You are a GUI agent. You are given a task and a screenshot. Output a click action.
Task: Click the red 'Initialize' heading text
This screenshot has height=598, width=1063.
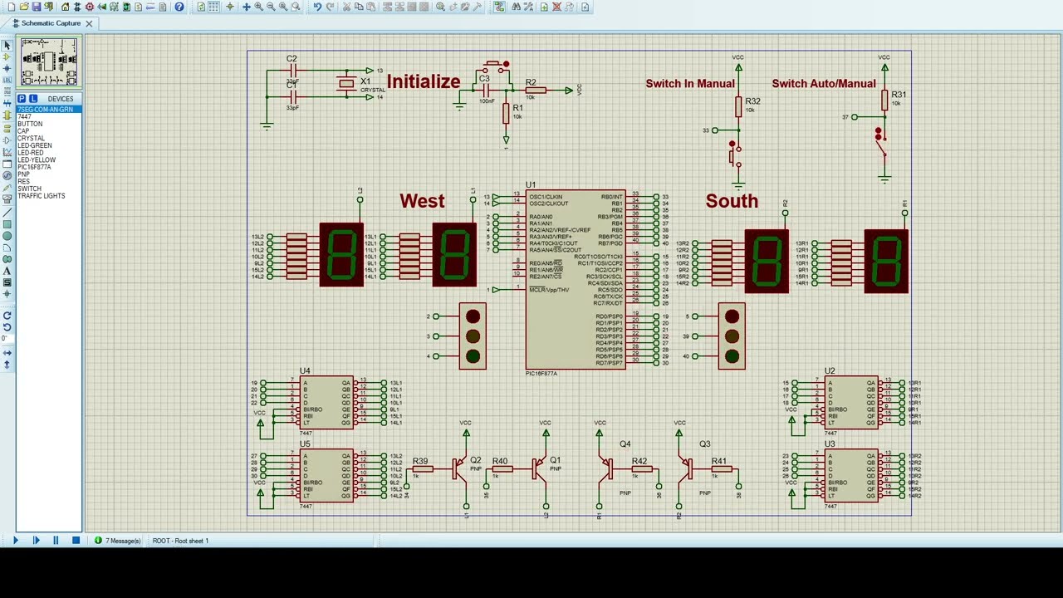point(423,81)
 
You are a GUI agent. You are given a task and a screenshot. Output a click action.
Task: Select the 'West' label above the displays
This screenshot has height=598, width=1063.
point(422,201)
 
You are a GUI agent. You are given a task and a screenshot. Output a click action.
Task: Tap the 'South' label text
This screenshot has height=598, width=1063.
point(732,201)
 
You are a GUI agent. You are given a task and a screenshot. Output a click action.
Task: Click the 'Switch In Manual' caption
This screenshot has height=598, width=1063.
point(690,84)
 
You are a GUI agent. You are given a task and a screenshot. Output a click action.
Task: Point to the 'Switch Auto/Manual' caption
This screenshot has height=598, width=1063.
point(823,84)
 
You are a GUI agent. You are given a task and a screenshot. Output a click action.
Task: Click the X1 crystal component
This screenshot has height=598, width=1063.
point(346,83)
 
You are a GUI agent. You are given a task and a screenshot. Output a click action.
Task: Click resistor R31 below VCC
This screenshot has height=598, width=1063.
point(884,100)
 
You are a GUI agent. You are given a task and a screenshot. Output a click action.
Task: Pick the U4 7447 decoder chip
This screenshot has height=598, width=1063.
point(326,403)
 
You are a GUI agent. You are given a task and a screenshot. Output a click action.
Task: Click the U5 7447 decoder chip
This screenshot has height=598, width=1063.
point(326,476)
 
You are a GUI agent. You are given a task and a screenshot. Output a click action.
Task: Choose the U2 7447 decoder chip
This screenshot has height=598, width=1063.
point(850,403)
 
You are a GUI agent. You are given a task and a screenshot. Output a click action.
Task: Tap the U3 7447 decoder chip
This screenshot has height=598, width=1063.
point(850,476)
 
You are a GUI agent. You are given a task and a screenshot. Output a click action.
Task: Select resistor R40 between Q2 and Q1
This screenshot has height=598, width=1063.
point(501,469)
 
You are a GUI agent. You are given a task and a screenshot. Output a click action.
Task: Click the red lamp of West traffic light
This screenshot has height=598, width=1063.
point(473,316)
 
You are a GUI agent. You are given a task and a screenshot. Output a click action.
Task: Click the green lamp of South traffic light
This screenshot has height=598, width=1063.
point(732,356)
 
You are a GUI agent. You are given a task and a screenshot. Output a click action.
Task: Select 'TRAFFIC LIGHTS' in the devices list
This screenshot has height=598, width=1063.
point(42,196)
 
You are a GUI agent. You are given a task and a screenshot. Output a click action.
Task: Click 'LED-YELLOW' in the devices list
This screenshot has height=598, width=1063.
point(37,160)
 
